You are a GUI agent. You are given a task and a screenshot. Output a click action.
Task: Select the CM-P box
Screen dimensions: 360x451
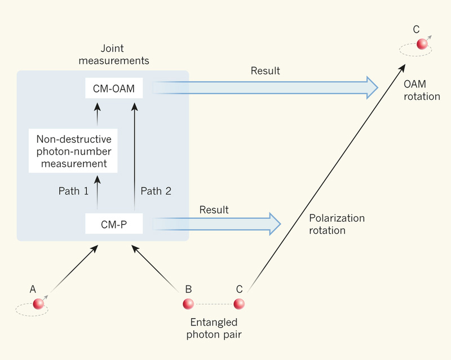(114, 223)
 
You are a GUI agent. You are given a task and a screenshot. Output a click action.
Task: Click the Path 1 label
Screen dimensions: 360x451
(73, 191)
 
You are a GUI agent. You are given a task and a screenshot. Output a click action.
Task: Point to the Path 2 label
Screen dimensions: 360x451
(156, 191)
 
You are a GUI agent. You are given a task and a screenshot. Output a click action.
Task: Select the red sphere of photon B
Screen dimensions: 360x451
(188, 304)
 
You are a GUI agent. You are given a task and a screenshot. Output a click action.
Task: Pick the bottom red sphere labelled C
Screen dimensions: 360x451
(239, 304)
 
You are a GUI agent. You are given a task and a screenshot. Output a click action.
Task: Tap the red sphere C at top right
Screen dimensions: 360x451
(422, 44)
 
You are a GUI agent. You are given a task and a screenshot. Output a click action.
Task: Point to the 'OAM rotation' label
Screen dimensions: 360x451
(422, 90)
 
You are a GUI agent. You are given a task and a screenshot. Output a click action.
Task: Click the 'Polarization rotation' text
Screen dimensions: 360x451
(337, 224)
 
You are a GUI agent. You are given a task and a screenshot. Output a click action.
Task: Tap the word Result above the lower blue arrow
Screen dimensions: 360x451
(214, 210)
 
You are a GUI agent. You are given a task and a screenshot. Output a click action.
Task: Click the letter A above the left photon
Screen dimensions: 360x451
(33, 289)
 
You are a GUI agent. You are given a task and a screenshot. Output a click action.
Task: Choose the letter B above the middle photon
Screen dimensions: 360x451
(188, 289)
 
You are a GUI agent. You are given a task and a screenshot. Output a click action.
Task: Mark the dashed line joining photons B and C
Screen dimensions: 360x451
(214, 305)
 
